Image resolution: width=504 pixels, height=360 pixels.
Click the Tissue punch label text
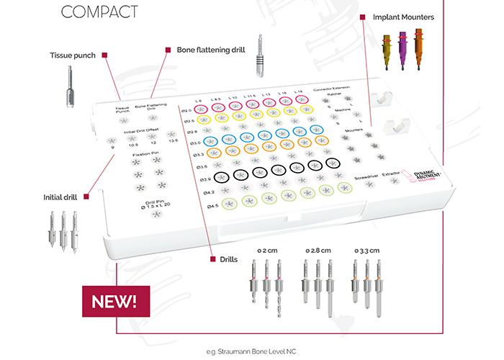point(73,55)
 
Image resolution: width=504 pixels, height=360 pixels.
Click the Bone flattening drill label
point(209,50)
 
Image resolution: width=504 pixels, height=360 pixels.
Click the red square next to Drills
point(212,258)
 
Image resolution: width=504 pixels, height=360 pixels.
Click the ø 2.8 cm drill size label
point(318,249)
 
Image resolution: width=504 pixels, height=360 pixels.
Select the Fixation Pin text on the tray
point(144,153)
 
